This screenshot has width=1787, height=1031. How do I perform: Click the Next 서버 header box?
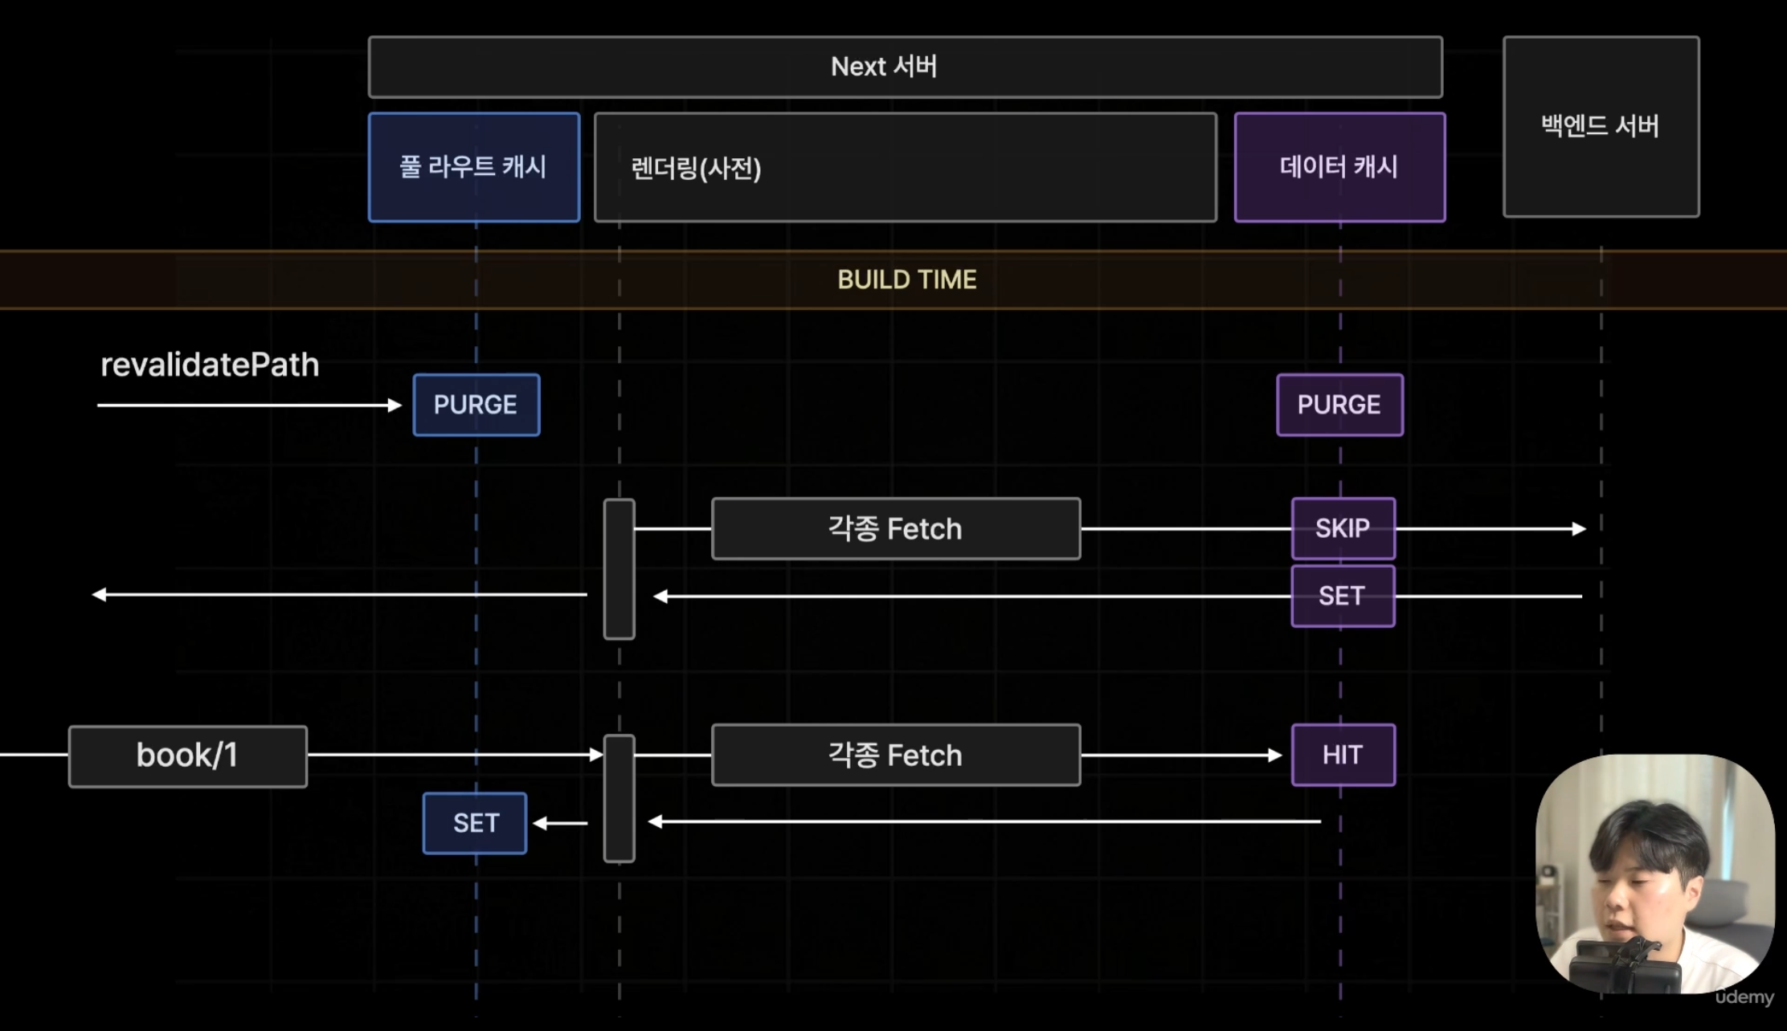pyautogui.click(x=905, y=67)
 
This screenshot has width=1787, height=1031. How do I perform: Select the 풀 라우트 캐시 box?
pyautogui.click(x=474, y=167)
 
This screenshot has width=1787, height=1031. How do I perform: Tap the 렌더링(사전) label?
pyautogui.click(x=696, y=169)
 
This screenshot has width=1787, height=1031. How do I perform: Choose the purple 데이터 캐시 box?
pyautogui.click(x=1339, y=167)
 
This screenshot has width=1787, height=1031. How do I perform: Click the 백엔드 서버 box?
pyautogui.click(x=1601, y=126)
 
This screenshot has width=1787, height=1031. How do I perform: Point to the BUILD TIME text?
pyautogui.click(x=906, y=279)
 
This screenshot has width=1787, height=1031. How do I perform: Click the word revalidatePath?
pyautogui.click(x=210, y=365)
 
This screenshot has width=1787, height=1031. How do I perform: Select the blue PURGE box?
pyautogui.click(x=476, y=405)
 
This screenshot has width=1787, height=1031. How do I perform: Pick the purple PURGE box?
pyautogui.click(x=1339, y=405)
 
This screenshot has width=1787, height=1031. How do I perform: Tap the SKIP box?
pyautogui.click(x=1343, y=528)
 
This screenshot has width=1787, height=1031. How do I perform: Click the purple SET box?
pyautogui.click(x=1343, y=596)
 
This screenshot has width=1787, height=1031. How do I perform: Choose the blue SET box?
pyautogui.click(x=475, y=823)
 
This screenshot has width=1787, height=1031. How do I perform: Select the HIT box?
pyautogui.click(x=1343, y=755)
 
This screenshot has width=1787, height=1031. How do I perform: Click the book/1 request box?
pyautogui.click(x=188, y=756)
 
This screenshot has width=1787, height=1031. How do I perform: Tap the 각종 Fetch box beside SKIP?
pyautogui.click(x=896, y=529)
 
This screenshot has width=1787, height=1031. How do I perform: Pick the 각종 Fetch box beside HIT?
pyautogui.click(x=896, y=756)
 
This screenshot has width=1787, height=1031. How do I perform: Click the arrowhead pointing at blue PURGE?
pyautogui.click(x=395, y=405)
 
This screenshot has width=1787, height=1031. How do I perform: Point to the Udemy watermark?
pyautogui.click(x=1744, y=997)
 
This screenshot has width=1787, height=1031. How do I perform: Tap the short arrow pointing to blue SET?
pyautogui.click(x=560, y=823)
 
